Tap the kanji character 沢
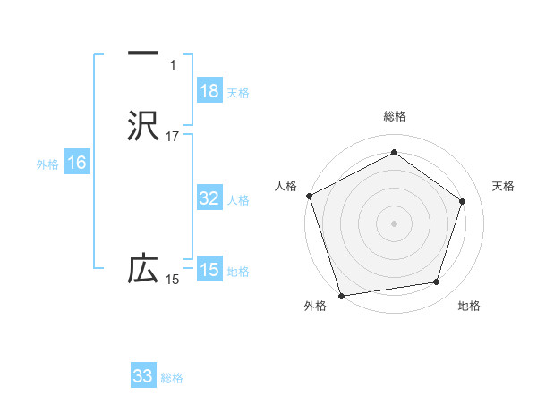[x=143, y=125]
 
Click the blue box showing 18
[x=209, y=91]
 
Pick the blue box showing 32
[x=209, y=198]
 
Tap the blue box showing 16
[x=77, y=163]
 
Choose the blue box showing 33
[x=143, y=376]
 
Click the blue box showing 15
[x=209, y=270]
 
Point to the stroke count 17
[x=173, y=137]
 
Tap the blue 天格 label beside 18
[x=238, y=92]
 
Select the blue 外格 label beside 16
[x=47, y=164]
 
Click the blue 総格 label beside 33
[x=172, y=377]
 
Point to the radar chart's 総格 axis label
[x=395, y=116]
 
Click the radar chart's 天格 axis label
[x=504, y=186]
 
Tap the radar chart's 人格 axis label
[x=286, y=186]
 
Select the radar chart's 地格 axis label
[x=469, y=307]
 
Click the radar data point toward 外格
[x=341, y=295]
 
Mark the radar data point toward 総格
[x=394, y=153]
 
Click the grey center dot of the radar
[x=394, y=223]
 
